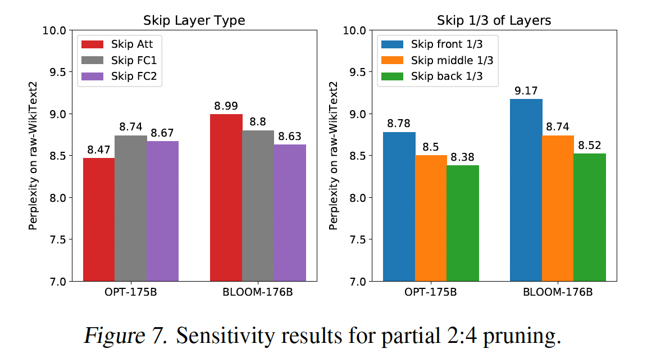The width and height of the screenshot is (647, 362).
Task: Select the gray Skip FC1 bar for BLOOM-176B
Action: coord(258,206)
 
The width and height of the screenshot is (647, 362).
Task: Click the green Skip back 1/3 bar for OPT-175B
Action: coord(463,223)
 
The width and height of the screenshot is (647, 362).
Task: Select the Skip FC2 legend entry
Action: coord(121,76)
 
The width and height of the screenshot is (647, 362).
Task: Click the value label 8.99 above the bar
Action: coord(226,106)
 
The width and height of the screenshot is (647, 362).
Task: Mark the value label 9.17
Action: coord(526,90)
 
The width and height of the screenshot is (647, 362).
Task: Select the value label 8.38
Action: coord(463,157)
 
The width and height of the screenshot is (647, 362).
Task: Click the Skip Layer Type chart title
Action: coord(194,21)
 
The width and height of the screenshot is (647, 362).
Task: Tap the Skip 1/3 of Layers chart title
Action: coord(494,21)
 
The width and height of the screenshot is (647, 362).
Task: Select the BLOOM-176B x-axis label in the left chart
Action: coord(258,293)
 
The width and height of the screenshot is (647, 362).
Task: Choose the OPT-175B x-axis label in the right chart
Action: coord(431,293)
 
